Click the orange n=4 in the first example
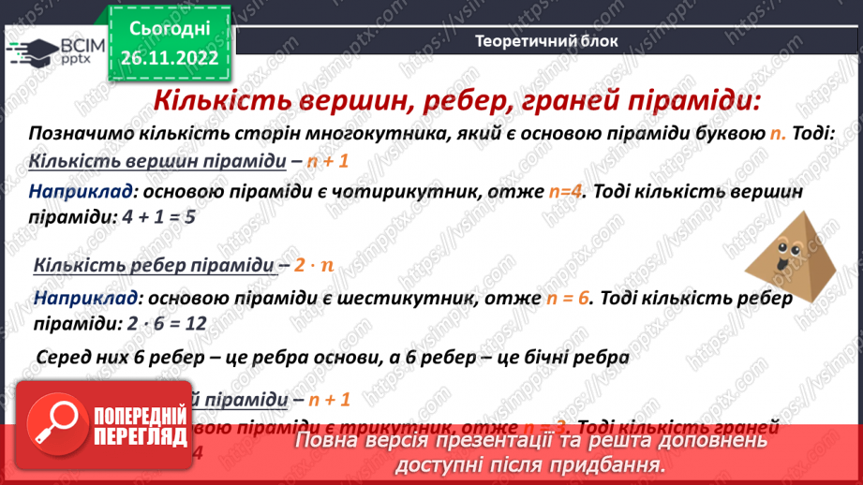565,192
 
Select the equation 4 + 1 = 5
161,215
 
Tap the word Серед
64,357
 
